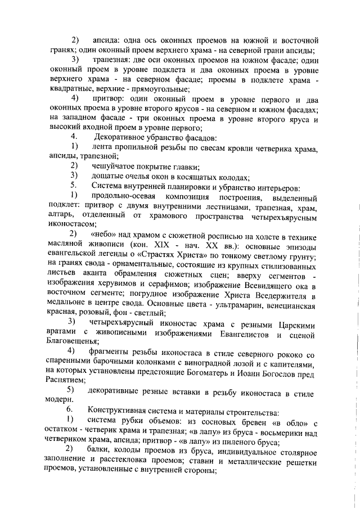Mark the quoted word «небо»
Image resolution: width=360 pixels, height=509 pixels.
(x=105, y=233)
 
